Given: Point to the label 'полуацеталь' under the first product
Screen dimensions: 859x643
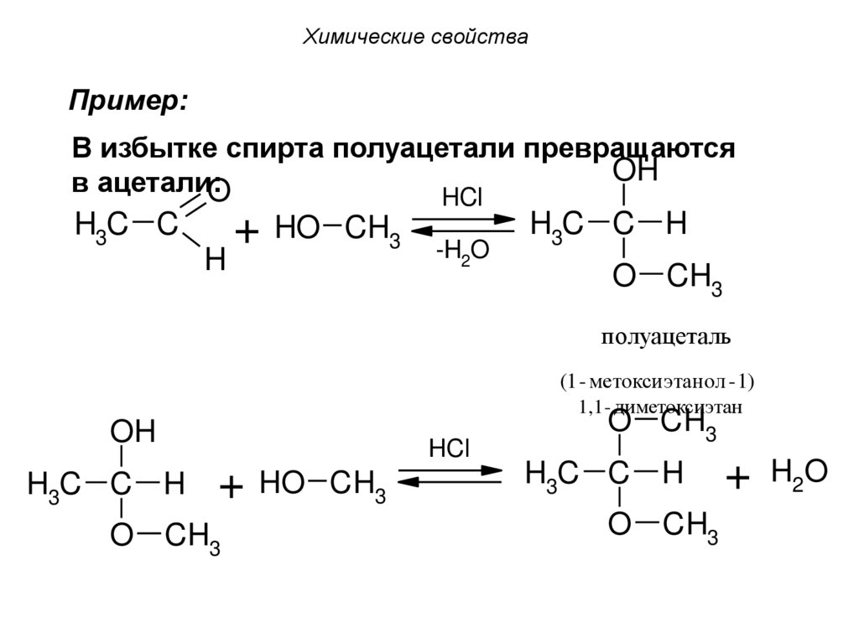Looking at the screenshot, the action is point(665,337).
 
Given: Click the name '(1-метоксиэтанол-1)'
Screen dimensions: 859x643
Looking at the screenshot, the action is point(658,382).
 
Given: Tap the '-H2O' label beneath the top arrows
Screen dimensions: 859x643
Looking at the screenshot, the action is point(462,251).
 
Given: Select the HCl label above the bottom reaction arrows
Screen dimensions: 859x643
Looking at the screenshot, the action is point(450,449).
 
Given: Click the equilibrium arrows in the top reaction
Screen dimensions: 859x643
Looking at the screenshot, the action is point(462,224).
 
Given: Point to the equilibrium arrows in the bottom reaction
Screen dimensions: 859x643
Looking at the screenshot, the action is point(450,476).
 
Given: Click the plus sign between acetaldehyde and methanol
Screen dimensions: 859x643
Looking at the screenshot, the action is point(246,232).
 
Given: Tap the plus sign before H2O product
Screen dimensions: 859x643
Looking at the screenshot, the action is point(738,480).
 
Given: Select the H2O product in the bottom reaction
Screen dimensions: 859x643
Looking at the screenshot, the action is point(799,474).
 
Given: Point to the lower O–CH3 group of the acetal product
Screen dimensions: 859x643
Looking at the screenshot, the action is point(664,526).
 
